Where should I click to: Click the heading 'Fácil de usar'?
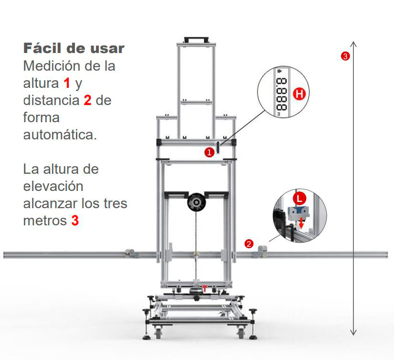[74, 48]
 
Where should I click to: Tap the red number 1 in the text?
[66, 83]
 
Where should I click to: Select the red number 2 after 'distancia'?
[87, 100]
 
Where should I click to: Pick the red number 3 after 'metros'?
[75, 221]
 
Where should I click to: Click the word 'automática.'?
[60, 135]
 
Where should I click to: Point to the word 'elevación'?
[53, 186]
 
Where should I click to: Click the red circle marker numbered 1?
[209, 152]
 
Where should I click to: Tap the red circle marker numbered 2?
[249, 244]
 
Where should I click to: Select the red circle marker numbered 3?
[345, 56]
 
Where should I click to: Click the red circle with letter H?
[299, 94]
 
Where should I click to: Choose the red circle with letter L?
[299, 199]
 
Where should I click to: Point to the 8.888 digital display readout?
[281, 94]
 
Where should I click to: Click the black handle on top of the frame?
[196, 40]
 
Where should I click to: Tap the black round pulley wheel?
[196, 202]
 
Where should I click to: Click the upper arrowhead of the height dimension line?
[353, 44]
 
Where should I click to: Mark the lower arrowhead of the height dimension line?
[353, 332]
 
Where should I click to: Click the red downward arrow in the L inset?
[301, 223]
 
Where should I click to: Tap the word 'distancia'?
[51, 100]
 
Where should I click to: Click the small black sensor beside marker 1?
[218, 147]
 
